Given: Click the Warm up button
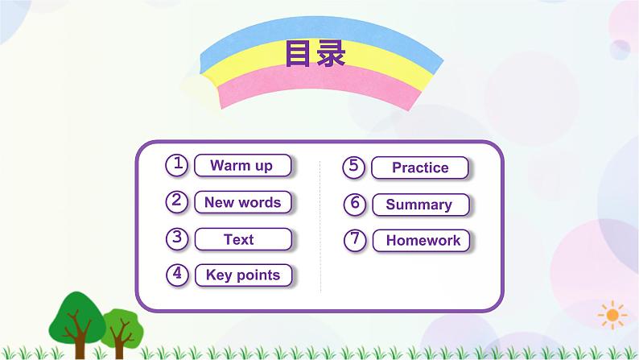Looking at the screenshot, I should tap(242, 166).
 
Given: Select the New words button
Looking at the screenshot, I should tap(242, 202).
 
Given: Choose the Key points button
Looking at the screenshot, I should tap(242, 275).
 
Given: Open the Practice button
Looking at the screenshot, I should tap(419, 168).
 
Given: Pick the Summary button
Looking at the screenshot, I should tap(419, 205).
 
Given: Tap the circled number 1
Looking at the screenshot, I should tap(177, 165).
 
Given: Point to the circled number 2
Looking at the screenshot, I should tap(177, 201).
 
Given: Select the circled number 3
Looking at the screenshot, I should tap(177, 238).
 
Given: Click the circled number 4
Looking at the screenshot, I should tap(177, 275).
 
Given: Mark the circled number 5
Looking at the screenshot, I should tap(354, 167).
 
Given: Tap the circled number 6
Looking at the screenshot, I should tap(354, 204).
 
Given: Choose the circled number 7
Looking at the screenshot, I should tap(354, 240).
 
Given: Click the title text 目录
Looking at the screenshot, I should tap(315, 54).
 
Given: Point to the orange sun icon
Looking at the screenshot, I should tap(613, 312).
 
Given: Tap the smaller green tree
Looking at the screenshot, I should tap(121, 323).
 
